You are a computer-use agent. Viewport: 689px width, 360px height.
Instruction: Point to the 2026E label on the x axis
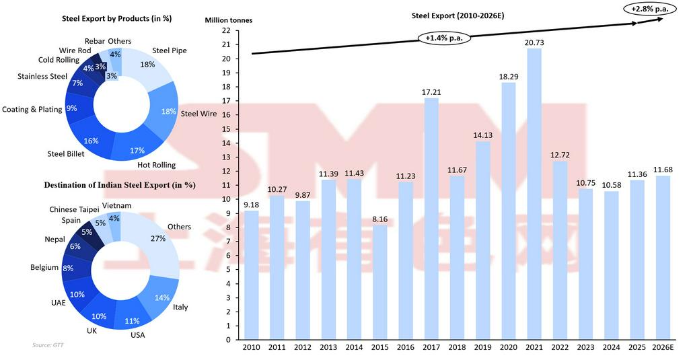(662, 347)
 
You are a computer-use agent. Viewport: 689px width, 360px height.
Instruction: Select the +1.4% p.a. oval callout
(443, 38)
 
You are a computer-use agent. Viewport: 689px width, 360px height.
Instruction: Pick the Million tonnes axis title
(229, 20)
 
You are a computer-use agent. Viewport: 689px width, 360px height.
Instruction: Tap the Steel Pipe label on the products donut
(170, 50)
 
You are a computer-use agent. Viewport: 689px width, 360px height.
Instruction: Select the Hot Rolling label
(156, 165)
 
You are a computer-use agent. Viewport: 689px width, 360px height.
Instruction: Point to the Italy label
(180, 308)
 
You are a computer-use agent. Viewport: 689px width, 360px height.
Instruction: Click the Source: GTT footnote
(52, 345)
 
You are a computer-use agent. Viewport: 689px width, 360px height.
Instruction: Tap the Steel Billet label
(65, 154)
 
